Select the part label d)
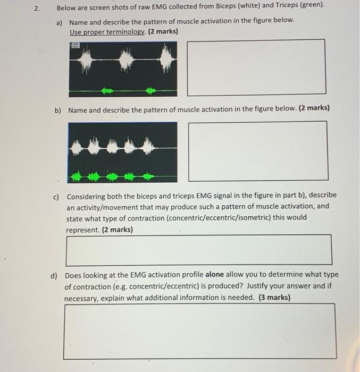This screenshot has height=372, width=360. click(x=54, y=276)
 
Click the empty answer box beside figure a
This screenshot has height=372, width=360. click(x=256, y=66)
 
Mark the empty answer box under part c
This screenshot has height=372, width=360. click(x=199, y=250)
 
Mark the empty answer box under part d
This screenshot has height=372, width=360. click(x=199, y=331)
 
